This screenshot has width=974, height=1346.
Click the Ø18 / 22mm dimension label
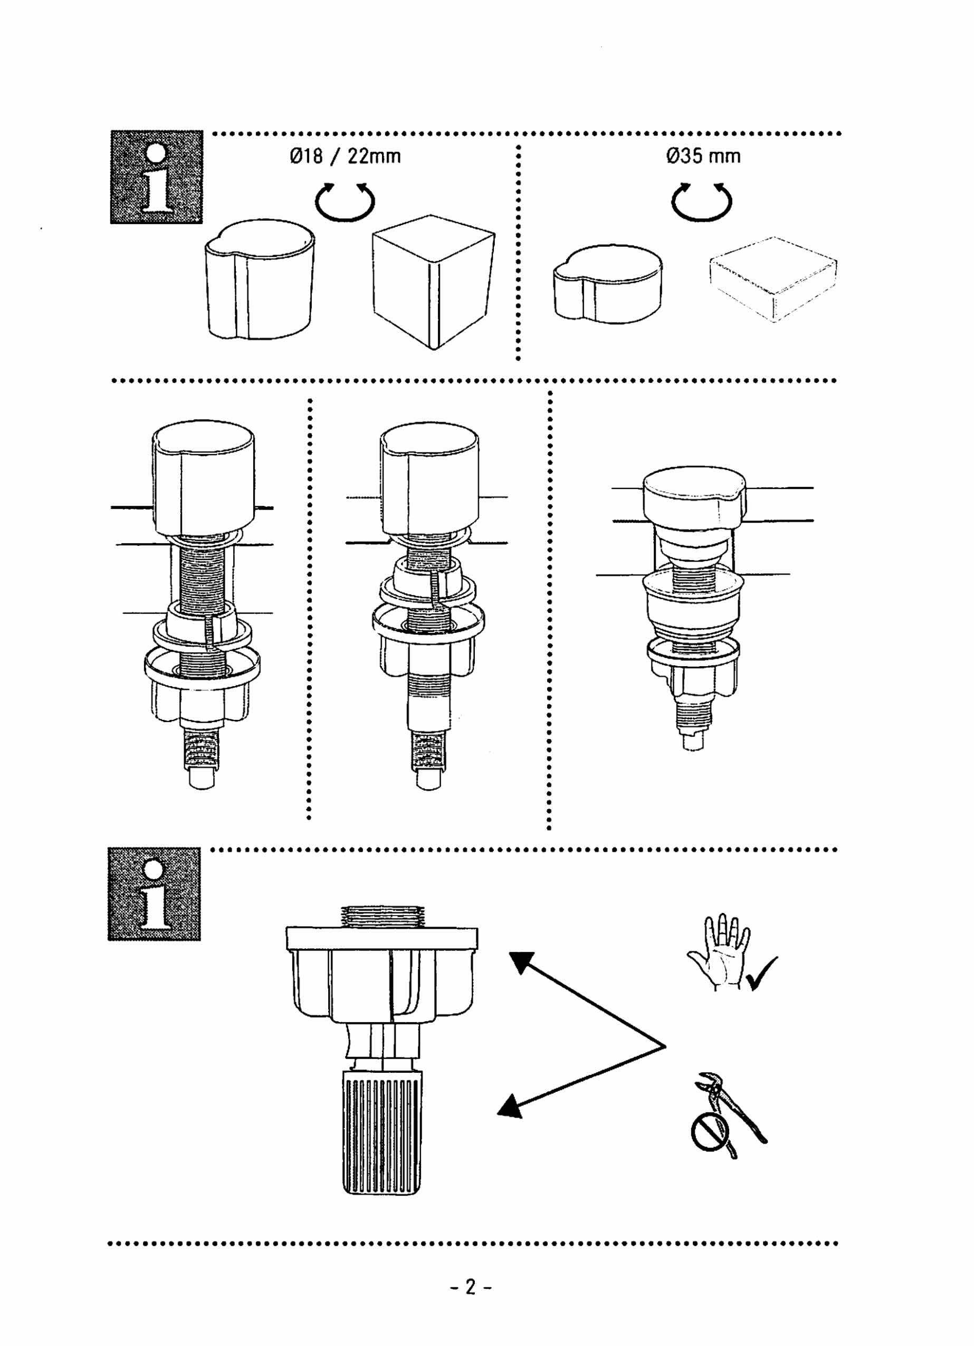(346, 156)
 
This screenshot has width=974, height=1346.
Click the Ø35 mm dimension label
(703, 156)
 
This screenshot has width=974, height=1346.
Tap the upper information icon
(157, 177)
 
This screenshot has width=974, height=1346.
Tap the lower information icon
(154, 894)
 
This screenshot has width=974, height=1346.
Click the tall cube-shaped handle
(433, 282)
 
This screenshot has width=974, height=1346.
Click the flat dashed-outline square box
(774, 279)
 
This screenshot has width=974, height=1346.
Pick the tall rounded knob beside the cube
(260, 279)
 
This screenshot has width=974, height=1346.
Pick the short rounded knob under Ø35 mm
(608, 284)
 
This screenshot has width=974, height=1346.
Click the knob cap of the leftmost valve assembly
(204, 478)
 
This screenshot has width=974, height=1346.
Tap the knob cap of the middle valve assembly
(429, 478)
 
